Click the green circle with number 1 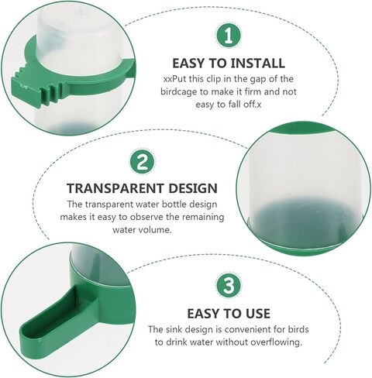[x=228, y=35]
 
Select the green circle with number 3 [x=228, y=285]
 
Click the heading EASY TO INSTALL [x=227, y=63]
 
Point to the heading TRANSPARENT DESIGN [x=142, y=188]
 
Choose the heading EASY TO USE [x=229, y=314]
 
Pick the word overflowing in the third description [x=276, y=342]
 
